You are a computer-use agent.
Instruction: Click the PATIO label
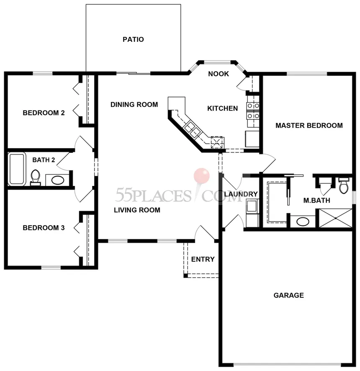133,39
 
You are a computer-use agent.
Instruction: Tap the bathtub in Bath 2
17,169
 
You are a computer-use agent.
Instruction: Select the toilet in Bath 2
36,177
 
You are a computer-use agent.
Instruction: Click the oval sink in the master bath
303,222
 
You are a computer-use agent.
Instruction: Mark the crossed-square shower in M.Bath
335,218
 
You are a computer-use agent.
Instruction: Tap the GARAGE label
288,295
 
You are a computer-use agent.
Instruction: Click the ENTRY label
203,259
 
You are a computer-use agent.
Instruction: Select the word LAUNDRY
241,194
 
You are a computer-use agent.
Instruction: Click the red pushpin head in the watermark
201,175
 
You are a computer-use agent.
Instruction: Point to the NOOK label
219,74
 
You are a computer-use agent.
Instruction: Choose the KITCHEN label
223,108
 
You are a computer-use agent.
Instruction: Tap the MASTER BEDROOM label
309,125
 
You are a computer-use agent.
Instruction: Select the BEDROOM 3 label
44,228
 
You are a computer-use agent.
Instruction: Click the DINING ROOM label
134,105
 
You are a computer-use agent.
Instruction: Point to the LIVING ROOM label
137,210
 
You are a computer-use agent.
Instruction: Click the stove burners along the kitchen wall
253,111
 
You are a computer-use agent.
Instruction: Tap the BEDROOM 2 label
44,113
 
